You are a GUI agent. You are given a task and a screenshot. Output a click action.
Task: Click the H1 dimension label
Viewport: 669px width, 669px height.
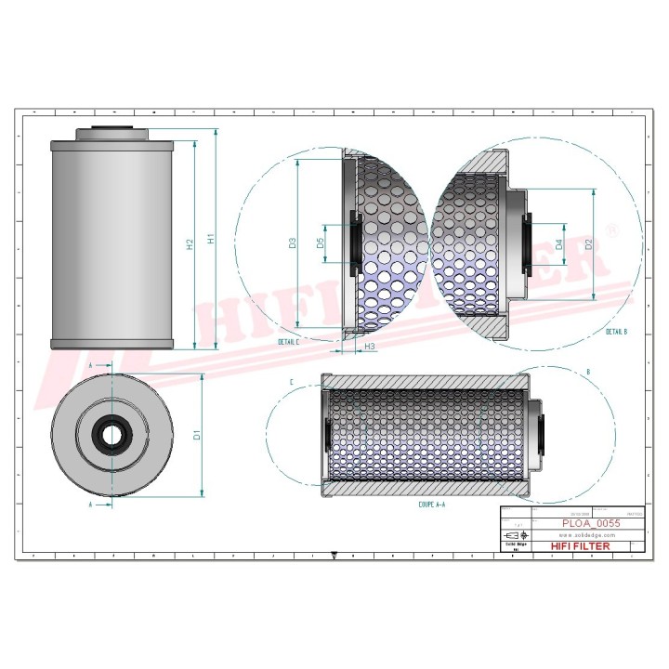(211, 240)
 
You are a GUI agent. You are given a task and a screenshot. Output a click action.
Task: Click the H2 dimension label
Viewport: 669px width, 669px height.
(190, 244)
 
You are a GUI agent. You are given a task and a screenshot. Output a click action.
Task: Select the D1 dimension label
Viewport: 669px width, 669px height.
(197, 435)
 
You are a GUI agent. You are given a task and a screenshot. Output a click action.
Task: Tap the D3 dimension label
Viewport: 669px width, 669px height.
(292, 243)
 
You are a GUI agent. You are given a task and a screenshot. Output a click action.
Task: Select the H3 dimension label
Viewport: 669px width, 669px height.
(370, 347)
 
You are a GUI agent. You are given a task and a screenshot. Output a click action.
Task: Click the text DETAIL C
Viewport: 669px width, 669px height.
(289, 341)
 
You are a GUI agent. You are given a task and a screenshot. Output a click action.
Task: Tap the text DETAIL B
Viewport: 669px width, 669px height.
(616, 332)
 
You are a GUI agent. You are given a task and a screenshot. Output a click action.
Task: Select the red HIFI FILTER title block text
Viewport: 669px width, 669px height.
(581, 546)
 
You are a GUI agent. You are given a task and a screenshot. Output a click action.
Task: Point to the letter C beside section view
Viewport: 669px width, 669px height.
(291, 383)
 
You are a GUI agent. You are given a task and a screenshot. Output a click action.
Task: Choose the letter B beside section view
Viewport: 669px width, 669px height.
(588, 373)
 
